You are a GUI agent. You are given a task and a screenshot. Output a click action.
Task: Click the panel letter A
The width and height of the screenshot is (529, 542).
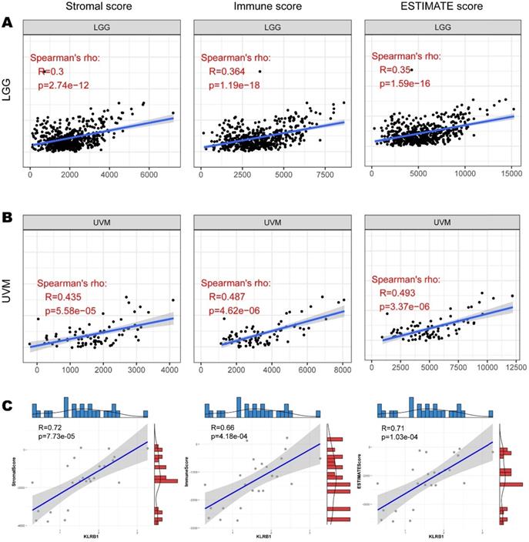coord(8,24)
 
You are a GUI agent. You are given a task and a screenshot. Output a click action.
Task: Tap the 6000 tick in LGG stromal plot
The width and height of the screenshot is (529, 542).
coord(143,175)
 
